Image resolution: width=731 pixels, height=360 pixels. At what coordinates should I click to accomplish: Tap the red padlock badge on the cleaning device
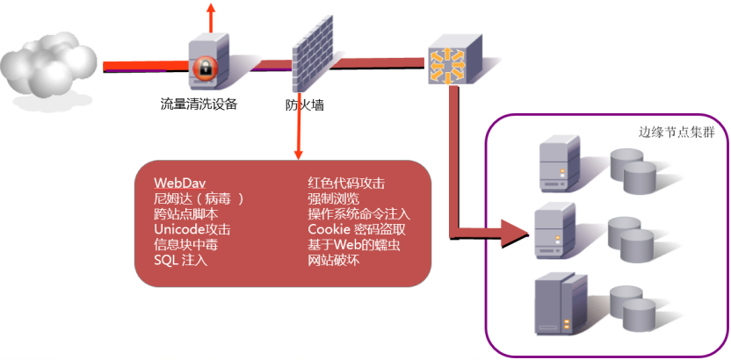[204, 68]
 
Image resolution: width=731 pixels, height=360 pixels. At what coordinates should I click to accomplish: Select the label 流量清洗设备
[199, 104]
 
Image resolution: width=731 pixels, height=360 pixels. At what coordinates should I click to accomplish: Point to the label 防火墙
[305, 105]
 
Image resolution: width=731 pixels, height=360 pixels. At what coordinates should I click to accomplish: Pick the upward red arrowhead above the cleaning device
[211, 8]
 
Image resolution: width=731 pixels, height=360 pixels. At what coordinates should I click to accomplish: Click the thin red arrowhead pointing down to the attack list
[299, 155]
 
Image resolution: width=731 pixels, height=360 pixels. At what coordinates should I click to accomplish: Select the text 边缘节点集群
[676, 132]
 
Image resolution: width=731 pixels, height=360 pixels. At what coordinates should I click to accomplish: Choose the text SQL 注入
[180, 260]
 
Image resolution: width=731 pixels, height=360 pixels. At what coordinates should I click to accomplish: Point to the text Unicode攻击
[192, 229]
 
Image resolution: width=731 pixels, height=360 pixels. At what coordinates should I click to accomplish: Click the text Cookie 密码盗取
[357, 229]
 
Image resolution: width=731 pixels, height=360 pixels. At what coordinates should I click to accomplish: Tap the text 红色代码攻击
[346, 183]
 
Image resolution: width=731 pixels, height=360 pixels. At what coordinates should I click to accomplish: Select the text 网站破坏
[333, 260]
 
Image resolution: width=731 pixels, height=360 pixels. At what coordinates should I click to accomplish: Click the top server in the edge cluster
[560, 163]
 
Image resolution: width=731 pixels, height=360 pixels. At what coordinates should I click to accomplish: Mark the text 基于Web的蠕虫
[354, 245]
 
